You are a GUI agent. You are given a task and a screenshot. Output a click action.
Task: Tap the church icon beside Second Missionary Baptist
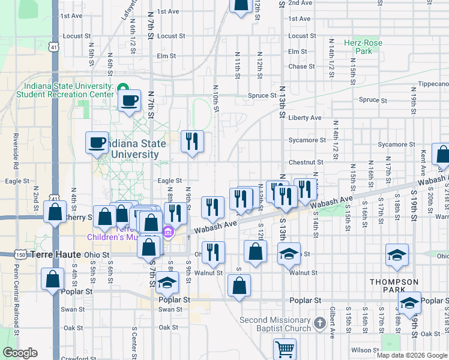tap(321, 325)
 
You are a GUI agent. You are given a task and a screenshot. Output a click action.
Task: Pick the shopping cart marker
tap(285, 349)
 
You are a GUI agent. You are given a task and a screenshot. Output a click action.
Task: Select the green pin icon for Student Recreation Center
tap(122, 88)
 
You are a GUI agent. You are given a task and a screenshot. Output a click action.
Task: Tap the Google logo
tap(19, 353)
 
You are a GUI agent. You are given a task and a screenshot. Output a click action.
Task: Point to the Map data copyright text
tap(412, 355)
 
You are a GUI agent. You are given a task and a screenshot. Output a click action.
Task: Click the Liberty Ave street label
tap(304, 118)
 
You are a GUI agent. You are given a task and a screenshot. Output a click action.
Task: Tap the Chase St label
tap(301, 67)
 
